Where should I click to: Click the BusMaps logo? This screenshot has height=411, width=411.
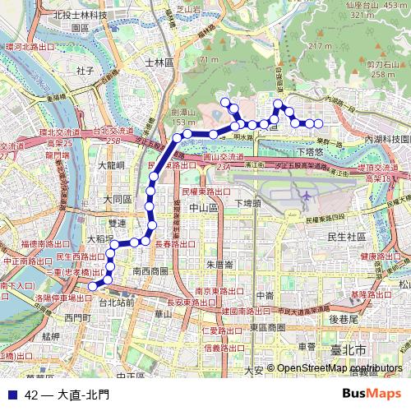point(372,394)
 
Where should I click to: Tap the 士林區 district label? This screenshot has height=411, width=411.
point(155,62)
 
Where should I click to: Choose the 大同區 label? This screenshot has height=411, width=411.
point(118,200)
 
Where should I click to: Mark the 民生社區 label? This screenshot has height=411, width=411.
point(346,237)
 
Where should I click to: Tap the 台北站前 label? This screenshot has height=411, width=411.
point(116,302)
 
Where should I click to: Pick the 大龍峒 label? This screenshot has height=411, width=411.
point(110,165)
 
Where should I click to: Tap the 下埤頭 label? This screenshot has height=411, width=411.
point(247,203)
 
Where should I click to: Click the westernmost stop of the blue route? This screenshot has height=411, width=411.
point(93,285)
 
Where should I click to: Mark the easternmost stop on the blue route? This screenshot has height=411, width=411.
point(320,124)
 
